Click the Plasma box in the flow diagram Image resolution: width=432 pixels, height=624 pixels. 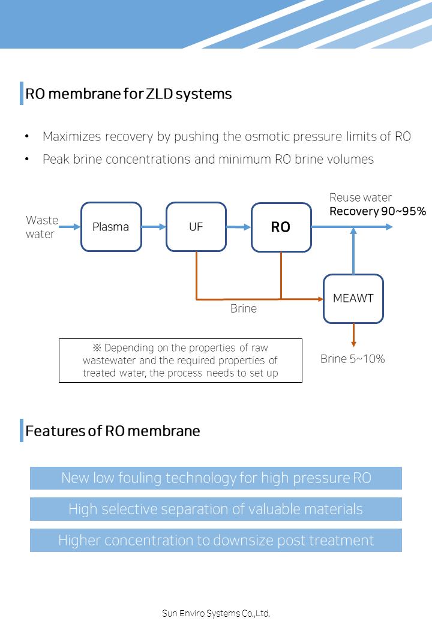(112, 227)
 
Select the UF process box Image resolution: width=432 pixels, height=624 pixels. (196, 227)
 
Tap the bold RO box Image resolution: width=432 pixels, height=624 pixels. (281, 227)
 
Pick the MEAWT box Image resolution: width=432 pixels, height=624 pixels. (353, 299)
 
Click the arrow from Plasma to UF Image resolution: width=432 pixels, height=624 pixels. (154, 227)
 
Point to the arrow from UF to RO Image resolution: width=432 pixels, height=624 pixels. (239, 227)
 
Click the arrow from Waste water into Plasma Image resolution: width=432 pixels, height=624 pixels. (70, 227)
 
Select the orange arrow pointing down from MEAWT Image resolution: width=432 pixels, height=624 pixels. (353, 335)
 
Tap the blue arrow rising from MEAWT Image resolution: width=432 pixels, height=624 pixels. (353, 251)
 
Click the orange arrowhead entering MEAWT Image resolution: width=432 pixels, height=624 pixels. (320, 299)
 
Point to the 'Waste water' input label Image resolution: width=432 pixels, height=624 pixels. (42, 227)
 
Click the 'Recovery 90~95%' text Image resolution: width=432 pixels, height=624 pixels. (377, 211)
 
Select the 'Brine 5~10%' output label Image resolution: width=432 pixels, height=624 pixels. (352, 359)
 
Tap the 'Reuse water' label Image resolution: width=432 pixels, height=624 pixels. (361, 197)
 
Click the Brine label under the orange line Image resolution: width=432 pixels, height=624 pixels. (244, 308)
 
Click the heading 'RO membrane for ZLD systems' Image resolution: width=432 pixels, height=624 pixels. (128, 94)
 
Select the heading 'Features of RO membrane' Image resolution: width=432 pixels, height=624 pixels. (113, 431)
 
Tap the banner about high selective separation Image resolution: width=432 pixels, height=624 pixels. (216, 509)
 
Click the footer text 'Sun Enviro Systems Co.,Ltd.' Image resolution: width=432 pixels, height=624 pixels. (216, 613)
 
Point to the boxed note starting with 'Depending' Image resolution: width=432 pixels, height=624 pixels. (181, 361)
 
